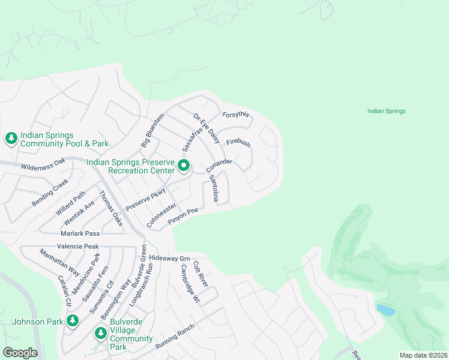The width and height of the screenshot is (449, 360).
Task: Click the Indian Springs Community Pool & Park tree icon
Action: coord(11,139)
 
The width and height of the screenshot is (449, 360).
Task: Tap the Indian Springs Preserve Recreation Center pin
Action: coord(184,166)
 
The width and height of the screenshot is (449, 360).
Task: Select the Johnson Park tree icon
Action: coord(73,321)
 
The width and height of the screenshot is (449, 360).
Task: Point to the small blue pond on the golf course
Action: coord(385,310)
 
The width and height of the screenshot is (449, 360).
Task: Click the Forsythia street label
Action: coord(235,115)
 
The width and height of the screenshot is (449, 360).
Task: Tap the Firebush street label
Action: coord(238,143)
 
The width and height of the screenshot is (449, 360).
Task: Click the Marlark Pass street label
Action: coord(80,233)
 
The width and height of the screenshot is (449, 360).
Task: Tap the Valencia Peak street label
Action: coord(77,246)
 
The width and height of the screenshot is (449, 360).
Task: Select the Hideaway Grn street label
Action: coord(169,258)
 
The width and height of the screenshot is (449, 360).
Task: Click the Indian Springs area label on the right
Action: coord(386,111)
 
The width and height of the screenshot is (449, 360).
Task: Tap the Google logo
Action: coord(19,352)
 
